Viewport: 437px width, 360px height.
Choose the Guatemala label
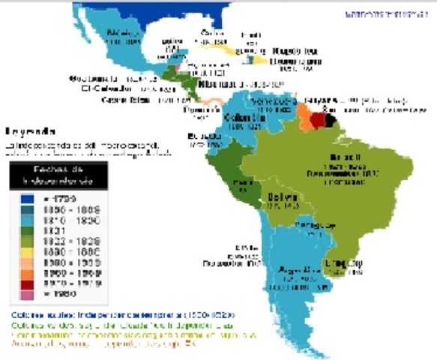(x=89, y=78)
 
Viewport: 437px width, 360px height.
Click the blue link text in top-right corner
(x=388, y=13)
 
